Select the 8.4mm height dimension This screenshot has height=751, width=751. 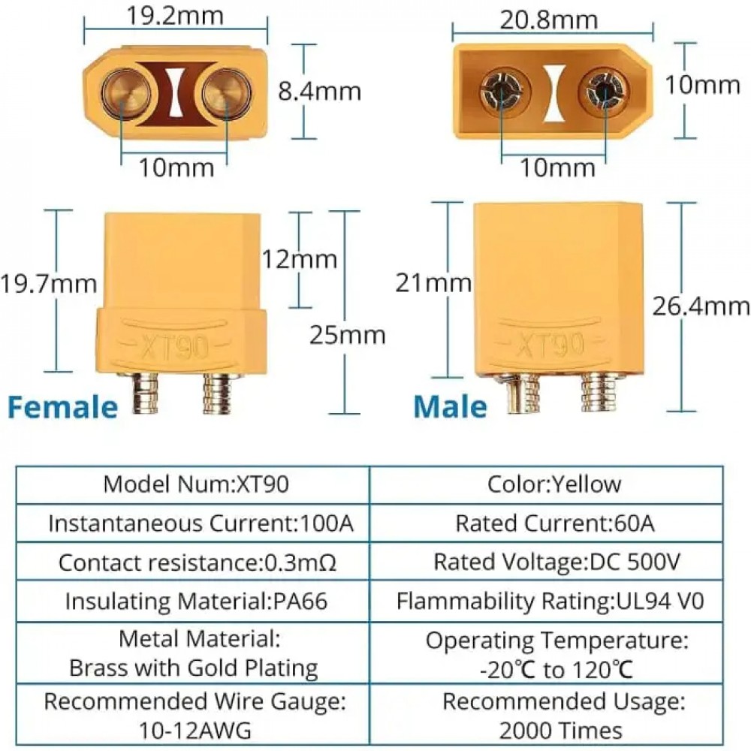319,91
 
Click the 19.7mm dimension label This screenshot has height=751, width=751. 49,284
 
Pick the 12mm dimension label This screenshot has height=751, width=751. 299,259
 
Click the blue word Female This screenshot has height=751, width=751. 63,406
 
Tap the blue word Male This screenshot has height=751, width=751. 451,406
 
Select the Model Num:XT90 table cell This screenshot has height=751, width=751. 196,484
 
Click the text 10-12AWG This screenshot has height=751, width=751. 195,729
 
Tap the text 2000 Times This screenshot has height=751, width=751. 560,729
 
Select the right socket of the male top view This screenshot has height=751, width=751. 606,94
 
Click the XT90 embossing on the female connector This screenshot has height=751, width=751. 176,347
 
